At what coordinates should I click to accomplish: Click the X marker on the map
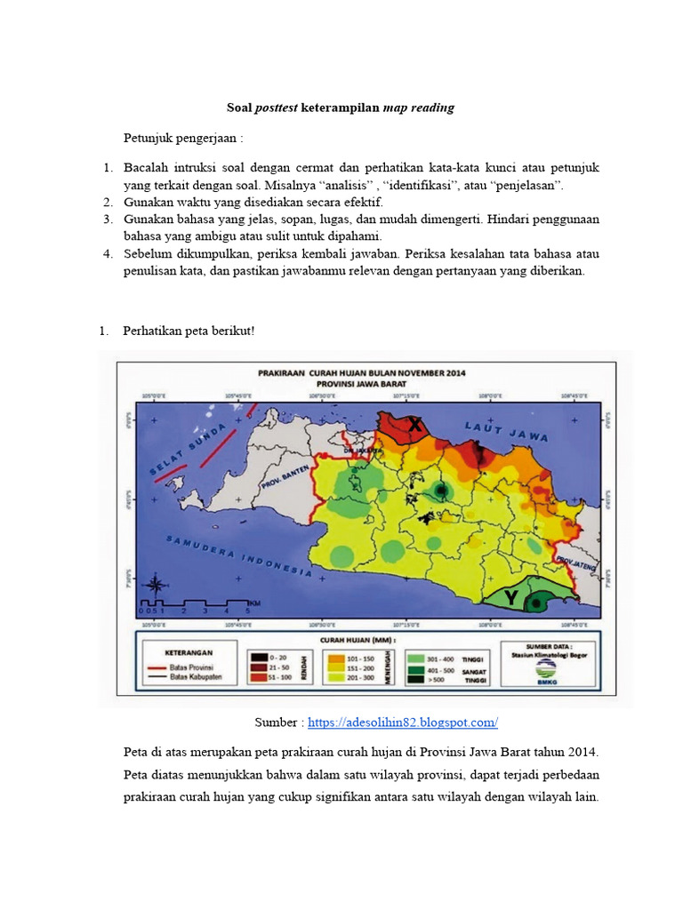(415, 427)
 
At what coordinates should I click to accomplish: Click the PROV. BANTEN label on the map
(284, 481)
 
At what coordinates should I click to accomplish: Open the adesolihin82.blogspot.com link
(403, 722)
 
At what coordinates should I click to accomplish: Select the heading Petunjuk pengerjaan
(182, 139)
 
